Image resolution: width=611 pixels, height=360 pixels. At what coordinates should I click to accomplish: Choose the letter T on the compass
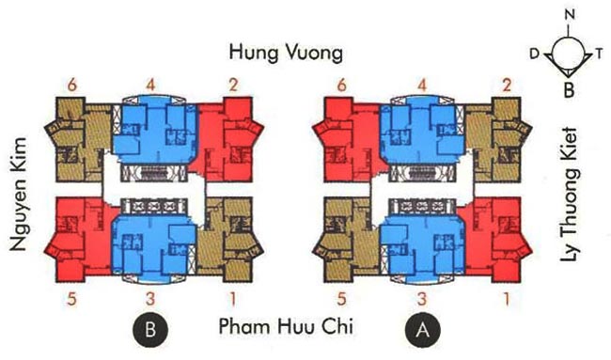(601, 55)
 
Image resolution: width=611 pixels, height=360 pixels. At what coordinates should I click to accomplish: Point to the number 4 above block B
(151, 86)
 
